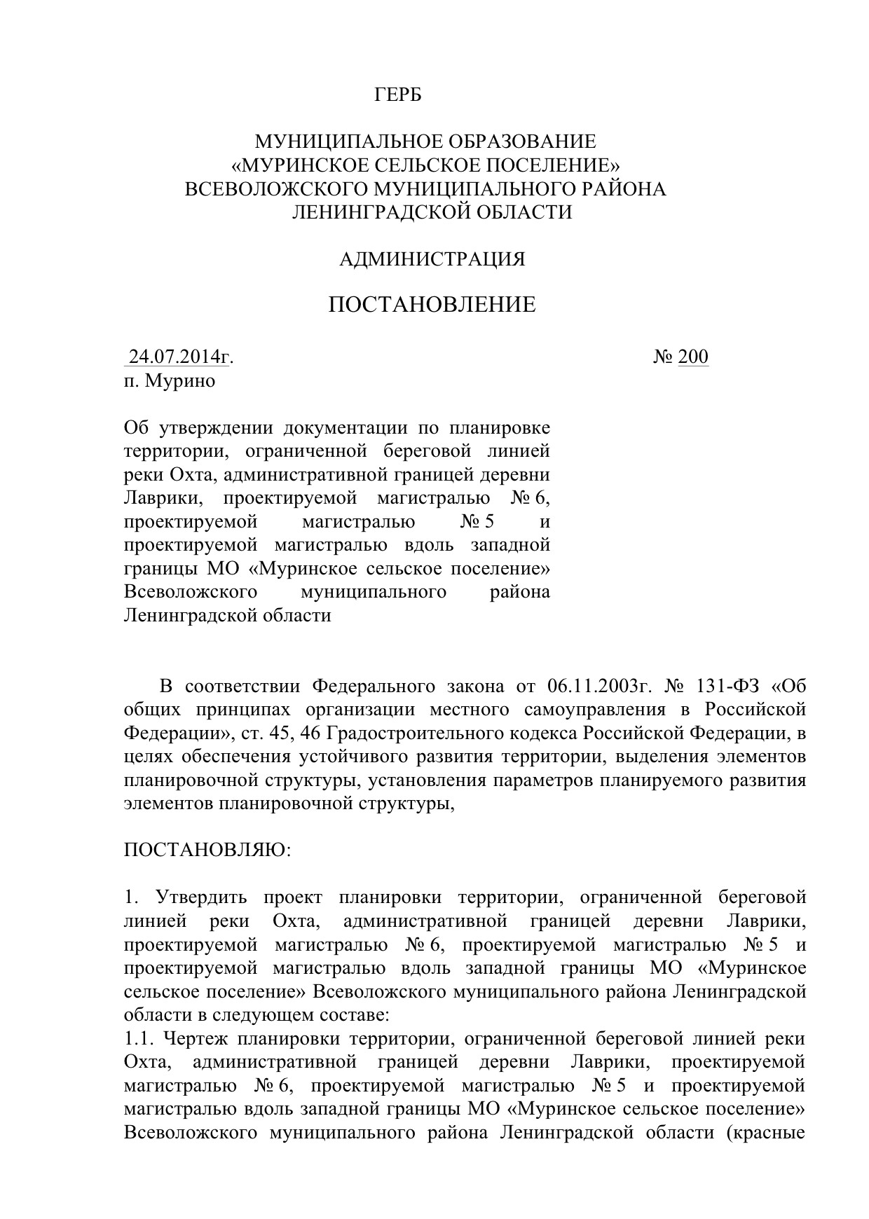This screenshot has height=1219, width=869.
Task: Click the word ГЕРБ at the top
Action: point(398,95)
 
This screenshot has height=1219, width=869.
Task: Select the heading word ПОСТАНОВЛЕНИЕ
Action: point(432,305)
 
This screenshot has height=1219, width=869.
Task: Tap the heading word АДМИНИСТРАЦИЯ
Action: point(432,260)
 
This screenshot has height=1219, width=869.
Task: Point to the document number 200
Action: point(693,357)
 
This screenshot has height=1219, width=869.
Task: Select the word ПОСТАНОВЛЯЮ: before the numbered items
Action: point(207,850)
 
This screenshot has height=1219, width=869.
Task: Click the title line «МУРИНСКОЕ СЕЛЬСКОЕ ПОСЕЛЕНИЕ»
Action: point(426,165)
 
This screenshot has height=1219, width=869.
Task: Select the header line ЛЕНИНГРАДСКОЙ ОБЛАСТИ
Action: point(432,212)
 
